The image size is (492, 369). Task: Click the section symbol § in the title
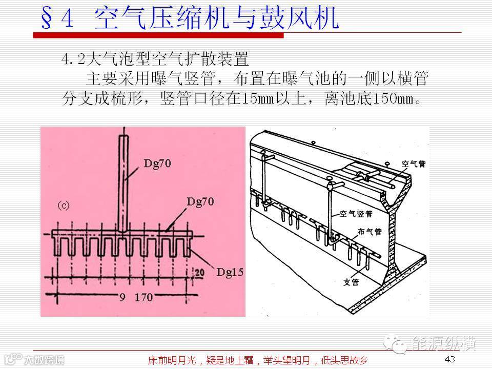(49, 19)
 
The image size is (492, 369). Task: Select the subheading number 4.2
(71, 59)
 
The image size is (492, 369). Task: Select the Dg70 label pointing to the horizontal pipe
(201, 199)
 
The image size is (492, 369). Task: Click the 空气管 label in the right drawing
(413, 163)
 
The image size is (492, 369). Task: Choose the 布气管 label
(369, 232)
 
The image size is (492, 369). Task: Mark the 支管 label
(351, 281)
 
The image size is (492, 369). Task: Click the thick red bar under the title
(158, 35)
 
